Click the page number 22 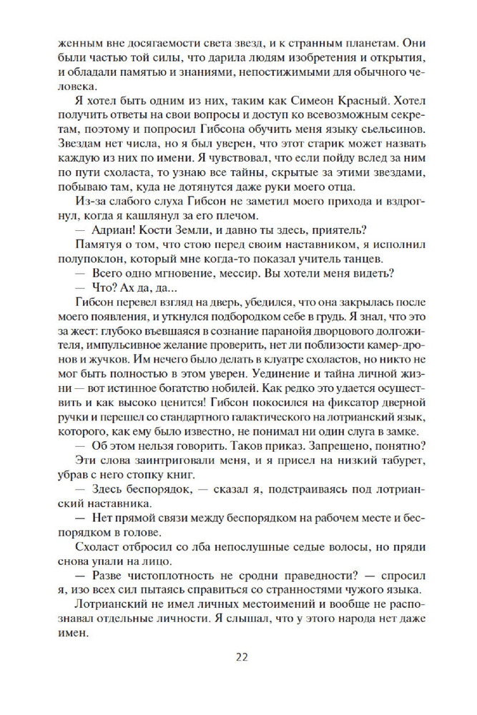pyautogui.click(x=238, y=658)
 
